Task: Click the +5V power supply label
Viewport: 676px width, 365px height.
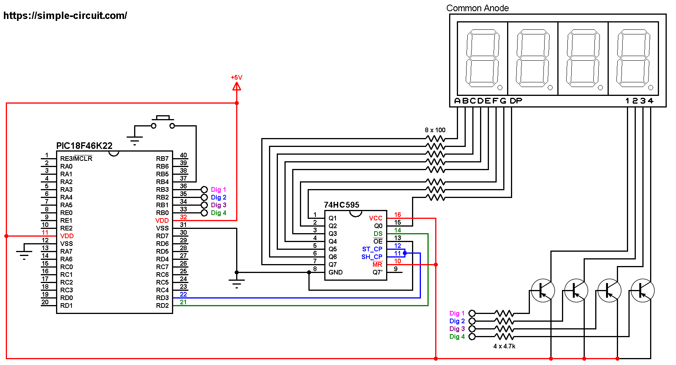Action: [x=236, y=77]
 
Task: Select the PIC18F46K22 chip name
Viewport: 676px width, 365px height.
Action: [x=84, y=146]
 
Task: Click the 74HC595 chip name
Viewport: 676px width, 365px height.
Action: [x=341, y=205]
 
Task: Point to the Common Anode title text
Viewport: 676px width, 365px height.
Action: [x=477, y=8]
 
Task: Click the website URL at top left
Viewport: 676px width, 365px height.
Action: [x=65, y=16]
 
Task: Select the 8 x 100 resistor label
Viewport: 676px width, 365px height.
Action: [x=435, y=130]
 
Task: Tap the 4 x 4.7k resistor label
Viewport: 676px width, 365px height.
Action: [x=504, y=346]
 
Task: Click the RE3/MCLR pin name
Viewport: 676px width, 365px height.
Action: [x=76, y=159]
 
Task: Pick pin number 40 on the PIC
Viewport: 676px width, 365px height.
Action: [x=183, y=155]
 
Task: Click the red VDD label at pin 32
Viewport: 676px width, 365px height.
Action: [x=162, y=220]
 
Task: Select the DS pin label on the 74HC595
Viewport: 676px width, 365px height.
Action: [x=378, y=234]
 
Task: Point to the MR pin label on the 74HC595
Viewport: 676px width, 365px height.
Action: [x=377, y=264]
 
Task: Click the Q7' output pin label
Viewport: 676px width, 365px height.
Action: [x=377, y=272]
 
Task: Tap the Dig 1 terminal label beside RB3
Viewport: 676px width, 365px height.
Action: [x=218, y=189]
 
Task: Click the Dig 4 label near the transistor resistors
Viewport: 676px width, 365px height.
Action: [x=457, y=336]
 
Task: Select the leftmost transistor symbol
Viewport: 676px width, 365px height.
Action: [x=543, y=291]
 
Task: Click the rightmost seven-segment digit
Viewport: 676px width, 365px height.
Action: [x=633, y=58]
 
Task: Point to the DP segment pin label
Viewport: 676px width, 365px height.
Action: [x=516, y=101]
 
